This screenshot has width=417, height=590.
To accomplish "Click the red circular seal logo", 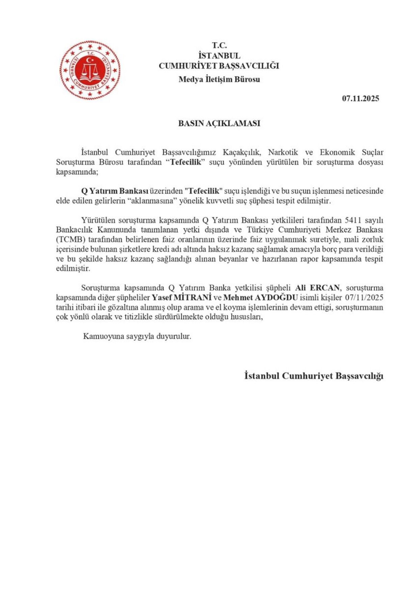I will click(90, 70).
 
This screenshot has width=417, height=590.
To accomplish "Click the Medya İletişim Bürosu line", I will click(219, 79).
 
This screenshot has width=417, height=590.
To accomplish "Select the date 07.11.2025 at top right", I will click(360, 99).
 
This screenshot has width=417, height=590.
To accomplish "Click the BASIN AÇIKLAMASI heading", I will click(219, 123).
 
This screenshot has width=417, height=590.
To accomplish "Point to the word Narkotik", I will click(283, 152).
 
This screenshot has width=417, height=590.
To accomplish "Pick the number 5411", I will click(354, 221).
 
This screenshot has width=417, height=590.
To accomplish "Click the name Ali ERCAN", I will click(317, 288).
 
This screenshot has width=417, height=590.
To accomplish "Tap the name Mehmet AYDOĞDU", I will click(260, 298).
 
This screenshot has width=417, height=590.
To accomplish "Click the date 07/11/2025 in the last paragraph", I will click(364, 298).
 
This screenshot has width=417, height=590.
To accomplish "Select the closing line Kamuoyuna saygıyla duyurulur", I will click(137, 336).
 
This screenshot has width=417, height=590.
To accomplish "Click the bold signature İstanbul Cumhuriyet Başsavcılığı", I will click(313, 376).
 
